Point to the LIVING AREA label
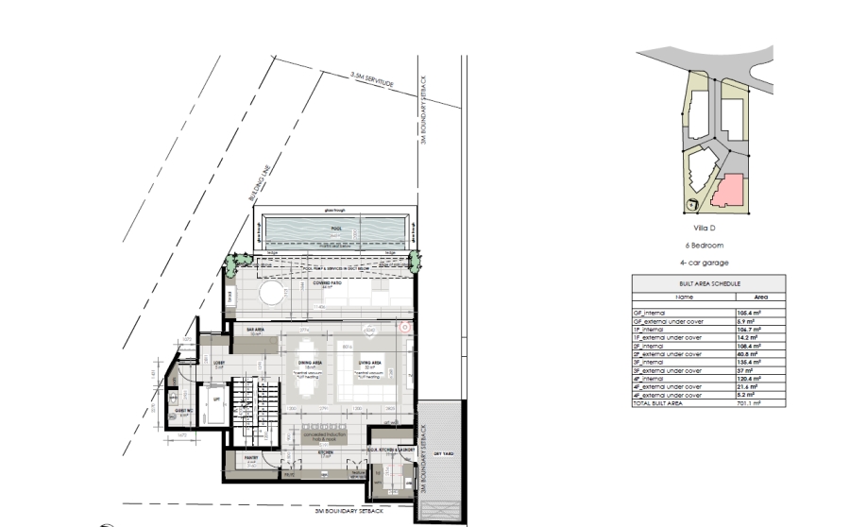[x=369, y=362]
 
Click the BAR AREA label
[x=253, y=330]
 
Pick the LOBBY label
[x=218, y=363]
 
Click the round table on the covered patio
[x=272, y=294]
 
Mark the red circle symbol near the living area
[x=404, y=328]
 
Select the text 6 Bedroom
[x=706, y=245]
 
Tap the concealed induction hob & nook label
[x=327, y=437]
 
